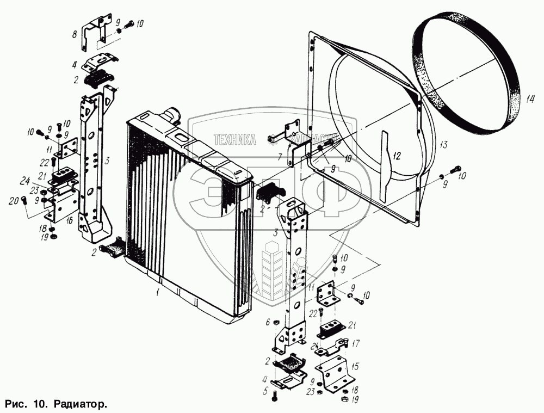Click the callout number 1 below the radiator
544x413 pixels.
pyautogui.click(x=157, y=293)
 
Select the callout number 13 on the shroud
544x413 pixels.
pyautogui.click(x=443, y=145)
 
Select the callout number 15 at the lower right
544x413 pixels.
pyautogui.click(x=355, y=366)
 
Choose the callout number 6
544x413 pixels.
pyautogui.click(x=268, y=323)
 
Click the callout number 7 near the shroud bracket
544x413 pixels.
pyautogui.click(x=278, y=158)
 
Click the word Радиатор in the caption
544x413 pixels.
pyautogui.click(x=79, y=405)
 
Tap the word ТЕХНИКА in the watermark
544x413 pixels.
pyautogui.click(x=235, y=140)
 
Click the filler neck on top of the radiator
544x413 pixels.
pyautogui.click(x=173, y=115)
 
